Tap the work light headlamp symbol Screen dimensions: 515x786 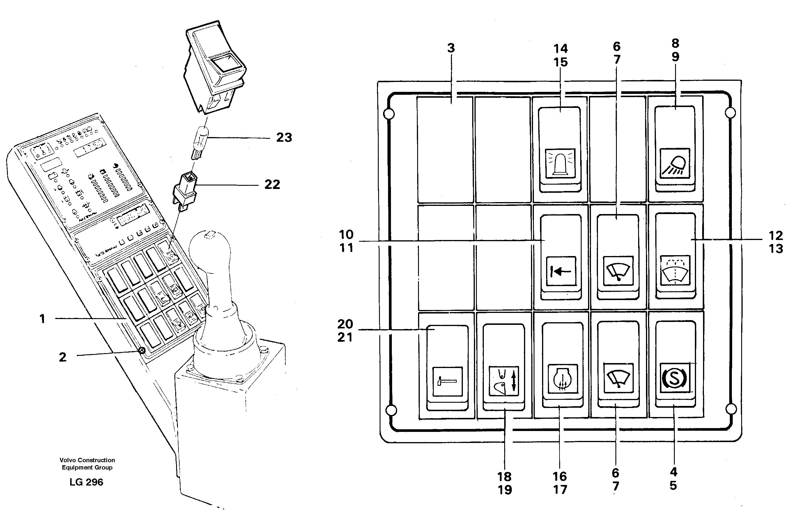[675, 163]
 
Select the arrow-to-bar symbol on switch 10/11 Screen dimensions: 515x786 [561, 271]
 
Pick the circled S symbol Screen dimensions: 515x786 [674, 378]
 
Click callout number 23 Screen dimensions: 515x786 [284, 137]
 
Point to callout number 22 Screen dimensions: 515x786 [272, 184]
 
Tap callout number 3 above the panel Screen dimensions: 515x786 [451, 48]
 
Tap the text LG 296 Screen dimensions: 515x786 [86, 482]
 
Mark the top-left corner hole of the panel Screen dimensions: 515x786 [389, 114]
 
